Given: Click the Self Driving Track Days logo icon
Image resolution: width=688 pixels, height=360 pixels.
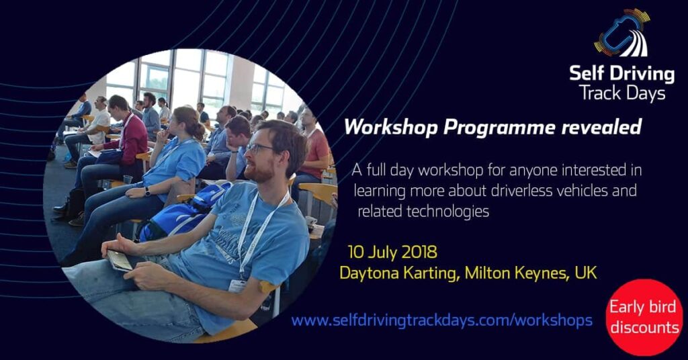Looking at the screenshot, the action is click(x=622, y=34).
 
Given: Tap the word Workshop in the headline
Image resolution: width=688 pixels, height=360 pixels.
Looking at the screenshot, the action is click(x=390, y=127).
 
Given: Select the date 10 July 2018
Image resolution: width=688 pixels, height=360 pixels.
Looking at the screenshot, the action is click(x=392, y=252).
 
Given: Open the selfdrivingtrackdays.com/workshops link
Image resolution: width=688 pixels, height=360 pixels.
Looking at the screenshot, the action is click(x=442, y=320).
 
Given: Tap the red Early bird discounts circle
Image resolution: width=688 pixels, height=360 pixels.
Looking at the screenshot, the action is click(x=644, y=317).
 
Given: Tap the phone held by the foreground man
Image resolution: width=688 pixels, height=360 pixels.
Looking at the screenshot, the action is click(x=120, y=260).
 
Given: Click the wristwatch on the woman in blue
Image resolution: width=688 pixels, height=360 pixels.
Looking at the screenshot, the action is click(x=147, y=191).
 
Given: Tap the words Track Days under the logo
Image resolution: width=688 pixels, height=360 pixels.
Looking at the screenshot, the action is click(x=621, y=93).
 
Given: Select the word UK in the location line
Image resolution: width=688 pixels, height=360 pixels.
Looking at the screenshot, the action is click(x=587, y=273).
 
